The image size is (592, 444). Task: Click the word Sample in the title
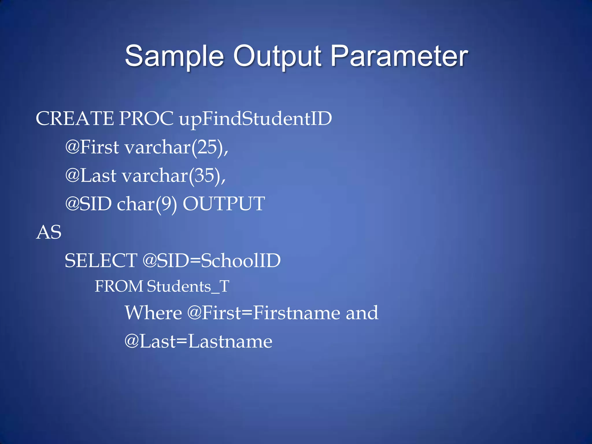pos(175,56)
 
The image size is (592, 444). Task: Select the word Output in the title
pos(277,56)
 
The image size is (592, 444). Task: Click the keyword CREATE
pos(75,119)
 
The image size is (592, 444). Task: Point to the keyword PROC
pos(146,119)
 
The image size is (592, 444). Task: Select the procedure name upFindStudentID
pos(256,119)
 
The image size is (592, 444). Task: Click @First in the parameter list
pos(92,147)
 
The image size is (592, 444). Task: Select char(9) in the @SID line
pos(147,204)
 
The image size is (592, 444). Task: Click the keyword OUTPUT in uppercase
pos(224,204)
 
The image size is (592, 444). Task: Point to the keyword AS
pos(49,232)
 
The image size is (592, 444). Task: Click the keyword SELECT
pos(101,260)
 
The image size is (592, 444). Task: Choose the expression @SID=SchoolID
pos(212,260)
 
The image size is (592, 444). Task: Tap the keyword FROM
pos(119,286)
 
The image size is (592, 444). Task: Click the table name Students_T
pos(188,286)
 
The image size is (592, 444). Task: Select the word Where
pos(153,313)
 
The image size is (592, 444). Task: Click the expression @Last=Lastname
pos(198,341)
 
